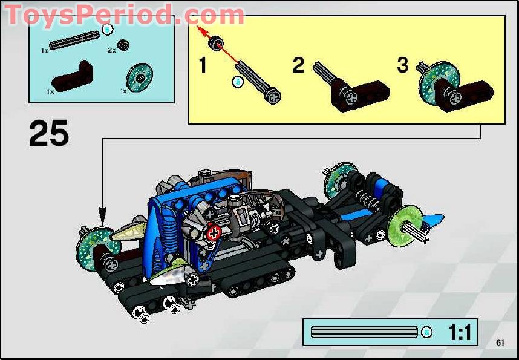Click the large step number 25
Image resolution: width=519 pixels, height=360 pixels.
pos(49,134)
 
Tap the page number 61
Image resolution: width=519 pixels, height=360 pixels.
pos(500,343)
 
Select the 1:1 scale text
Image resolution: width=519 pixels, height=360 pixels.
pos(460,332)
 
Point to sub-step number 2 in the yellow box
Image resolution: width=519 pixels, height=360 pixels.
pos(298,65)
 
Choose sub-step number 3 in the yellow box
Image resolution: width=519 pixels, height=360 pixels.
pos(403,65)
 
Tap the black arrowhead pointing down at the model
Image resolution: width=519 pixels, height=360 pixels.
pos(102,214)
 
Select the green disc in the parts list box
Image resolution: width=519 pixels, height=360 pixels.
pos(140,77)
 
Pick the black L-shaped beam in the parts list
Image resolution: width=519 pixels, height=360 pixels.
pos(73,76)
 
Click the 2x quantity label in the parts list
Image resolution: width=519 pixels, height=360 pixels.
pos(111,51)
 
